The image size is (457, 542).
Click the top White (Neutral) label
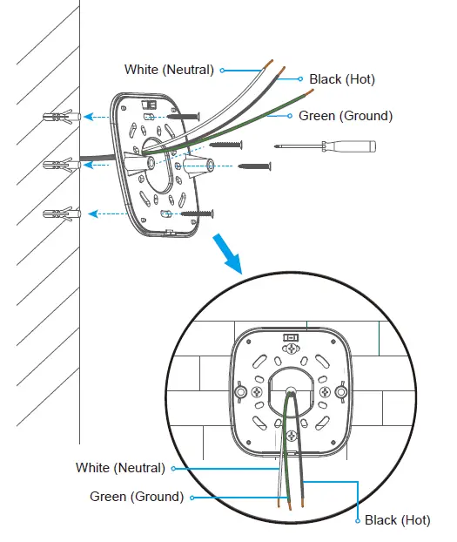[169, 70]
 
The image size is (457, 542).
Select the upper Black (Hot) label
[341, 79]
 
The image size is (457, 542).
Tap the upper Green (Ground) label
[345, 115]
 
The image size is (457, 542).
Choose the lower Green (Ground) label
[137, 497]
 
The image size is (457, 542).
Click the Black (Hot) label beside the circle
[397, 520]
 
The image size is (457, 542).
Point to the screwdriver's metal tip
[281, 146]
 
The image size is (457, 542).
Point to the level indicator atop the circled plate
[291, 335]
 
